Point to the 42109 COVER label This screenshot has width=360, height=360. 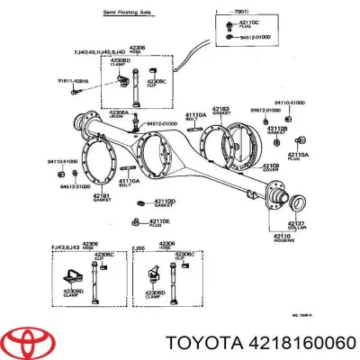click(270, 167)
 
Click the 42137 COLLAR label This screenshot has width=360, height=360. click(296, 224)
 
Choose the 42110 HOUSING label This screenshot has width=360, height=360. click(296, 238)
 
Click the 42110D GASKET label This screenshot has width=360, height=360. click(164, 203)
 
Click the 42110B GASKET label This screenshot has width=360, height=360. click(277, 130)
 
